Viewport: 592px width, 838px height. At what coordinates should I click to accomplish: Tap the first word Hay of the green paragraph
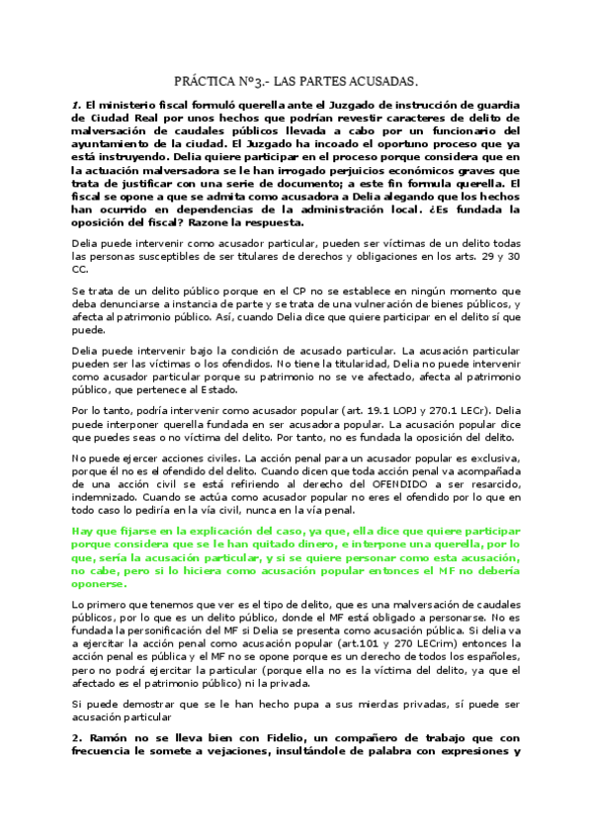tap(82, 532)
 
